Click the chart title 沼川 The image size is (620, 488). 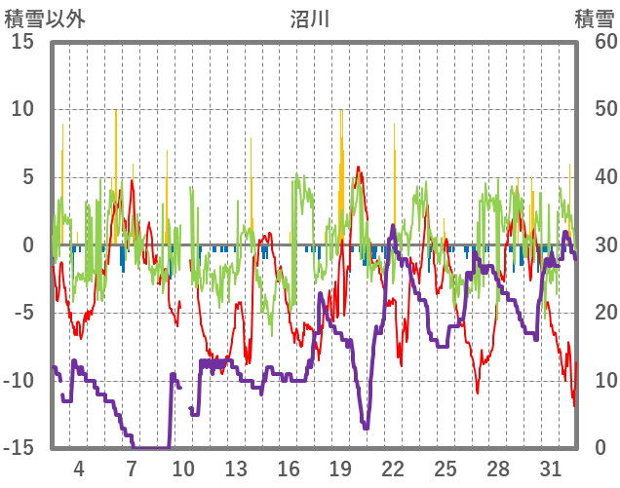point(310,19)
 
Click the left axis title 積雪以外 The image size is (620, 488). point(45,19)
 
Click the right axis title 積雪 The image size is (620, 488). point(594,19)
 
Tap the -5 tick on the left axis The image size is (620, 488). point(23,313)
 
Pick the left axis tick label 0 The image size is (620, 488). point(28,245)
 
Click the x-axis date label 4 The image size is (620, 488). point(79,467)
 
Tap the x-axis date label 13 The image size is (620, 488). point(236,467)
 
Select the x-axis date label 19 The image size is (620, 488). point(340,467)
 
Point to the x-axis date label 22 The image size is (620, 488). point(393,467)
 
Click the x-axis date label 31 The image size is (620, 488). point(550,467)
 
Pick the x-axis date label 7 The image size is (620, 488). point(132,467)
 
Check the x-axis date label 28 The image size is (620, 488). point(497,467)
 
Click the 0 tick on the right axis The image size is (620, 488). point(601,448)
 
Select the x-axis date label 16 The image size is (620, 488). point(289,467)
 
